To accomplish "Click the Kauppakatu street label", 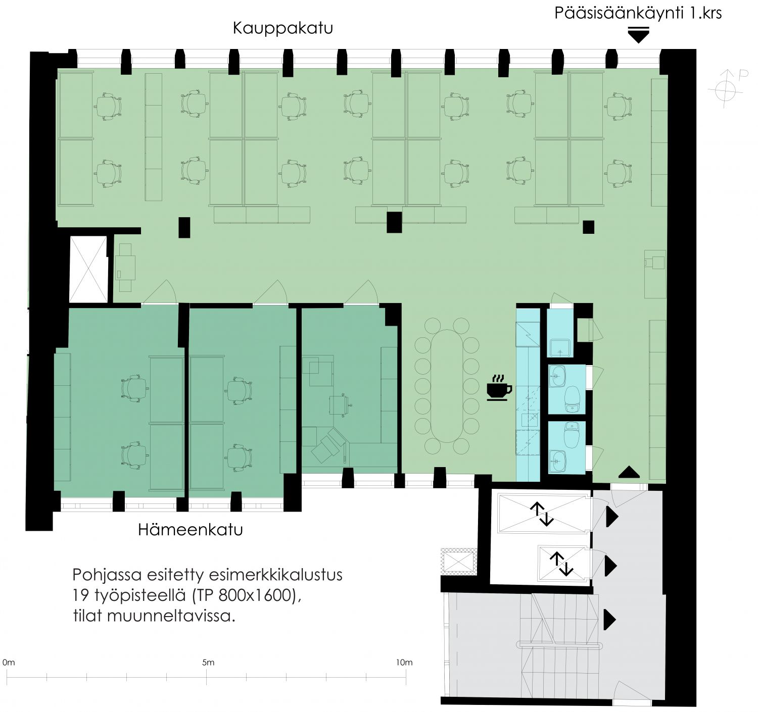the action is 283,29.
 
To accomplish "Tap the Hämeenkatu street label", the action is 191,530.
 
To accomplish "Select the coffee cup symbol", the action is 499,388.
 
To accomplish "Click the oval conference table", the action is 447,386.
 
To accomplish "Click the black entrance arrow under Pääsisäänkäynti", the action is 639,35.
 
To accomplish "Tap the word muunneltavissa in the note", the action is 171,616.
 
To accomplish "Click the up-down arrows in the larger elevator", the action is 542,514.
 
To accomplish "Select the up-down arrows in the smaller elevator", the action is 561,564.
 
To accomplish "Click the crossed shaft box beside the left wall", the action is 88,269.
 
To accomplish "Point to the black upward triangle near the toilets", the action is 629,472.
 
